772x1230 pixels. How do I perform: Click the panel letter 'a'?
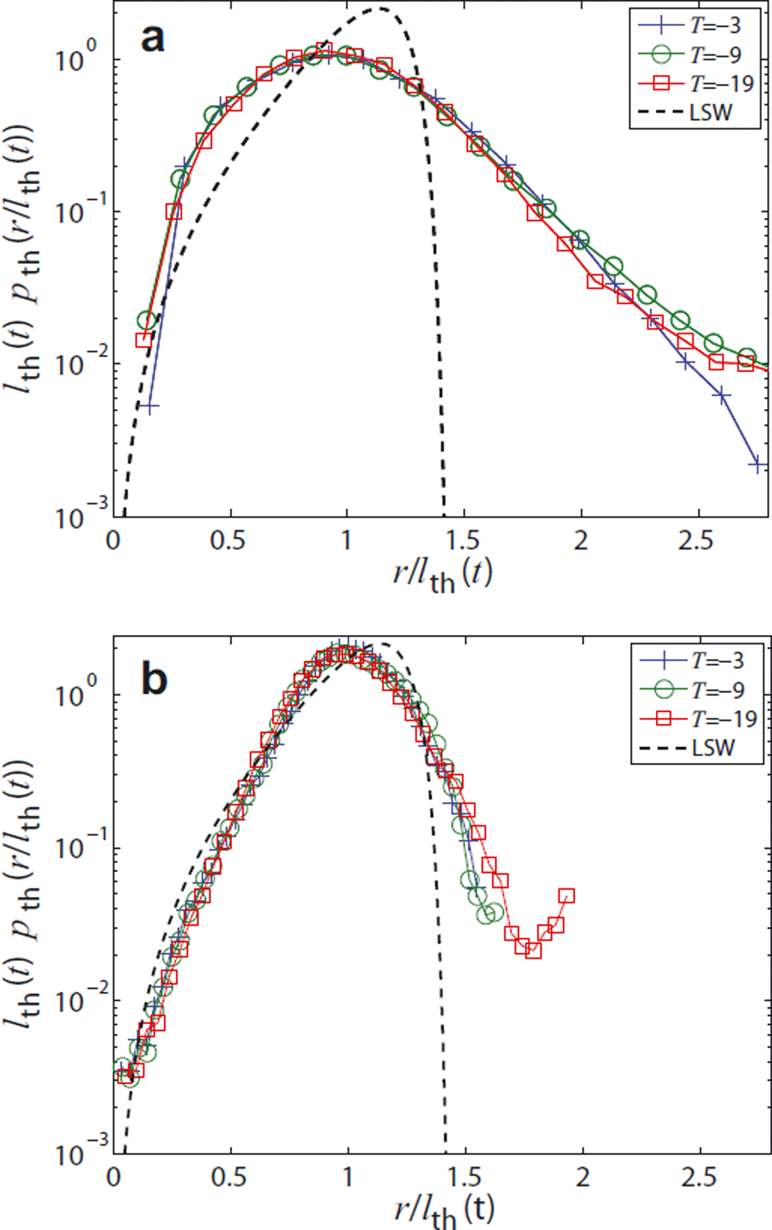click(x=153, y=39)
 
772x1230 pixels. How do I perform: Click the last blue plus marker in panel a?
click(x=758, y=465)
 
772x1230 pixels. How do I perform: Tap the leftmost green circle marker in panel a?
click(x=146, y=320)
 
